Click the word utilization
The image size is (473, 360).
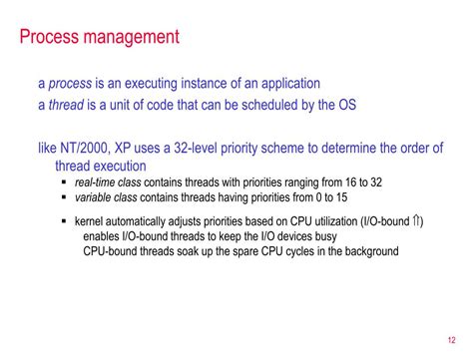coord(321,220)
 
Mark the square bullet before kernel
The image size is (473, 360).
coord(64,220)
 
